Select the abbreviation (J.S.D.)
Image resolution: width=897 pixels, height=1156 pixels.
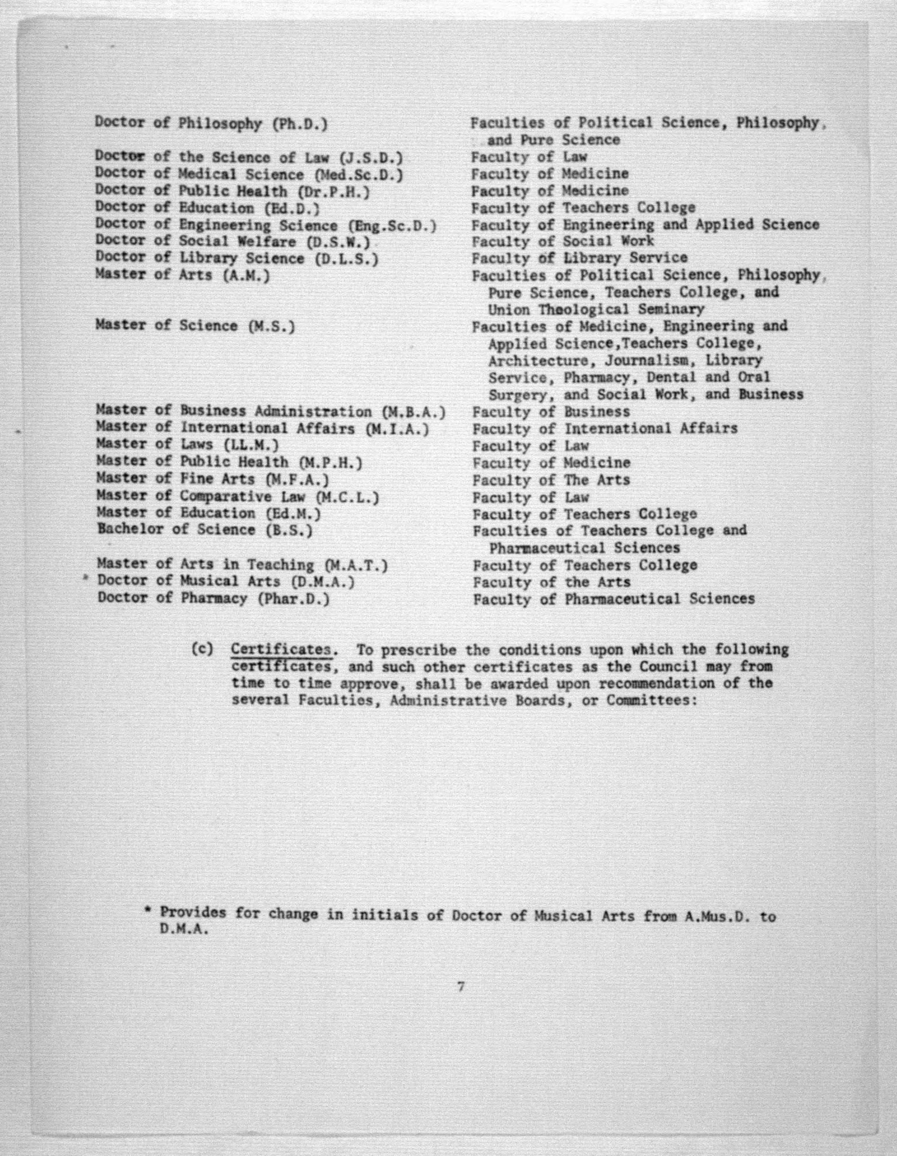(371, 158)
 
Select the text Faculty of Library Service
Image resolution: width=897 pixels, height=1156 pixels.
(579, 258)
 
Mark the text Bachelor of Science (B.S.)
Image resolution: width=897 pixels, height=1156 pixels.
(205, 530)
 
